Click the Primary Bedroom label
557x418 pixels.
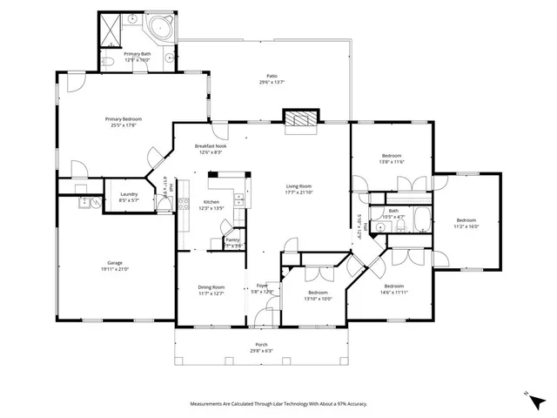point(124,119)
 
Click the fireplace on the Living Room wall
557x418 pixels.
point(301,120)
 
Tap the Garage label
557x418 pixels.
point(115,262)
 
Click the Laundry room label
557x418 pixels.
point(117,193)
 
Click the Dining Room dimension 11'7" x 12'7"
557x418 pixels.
point(212,293)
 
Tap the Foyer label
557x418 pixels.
point(261,286)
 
